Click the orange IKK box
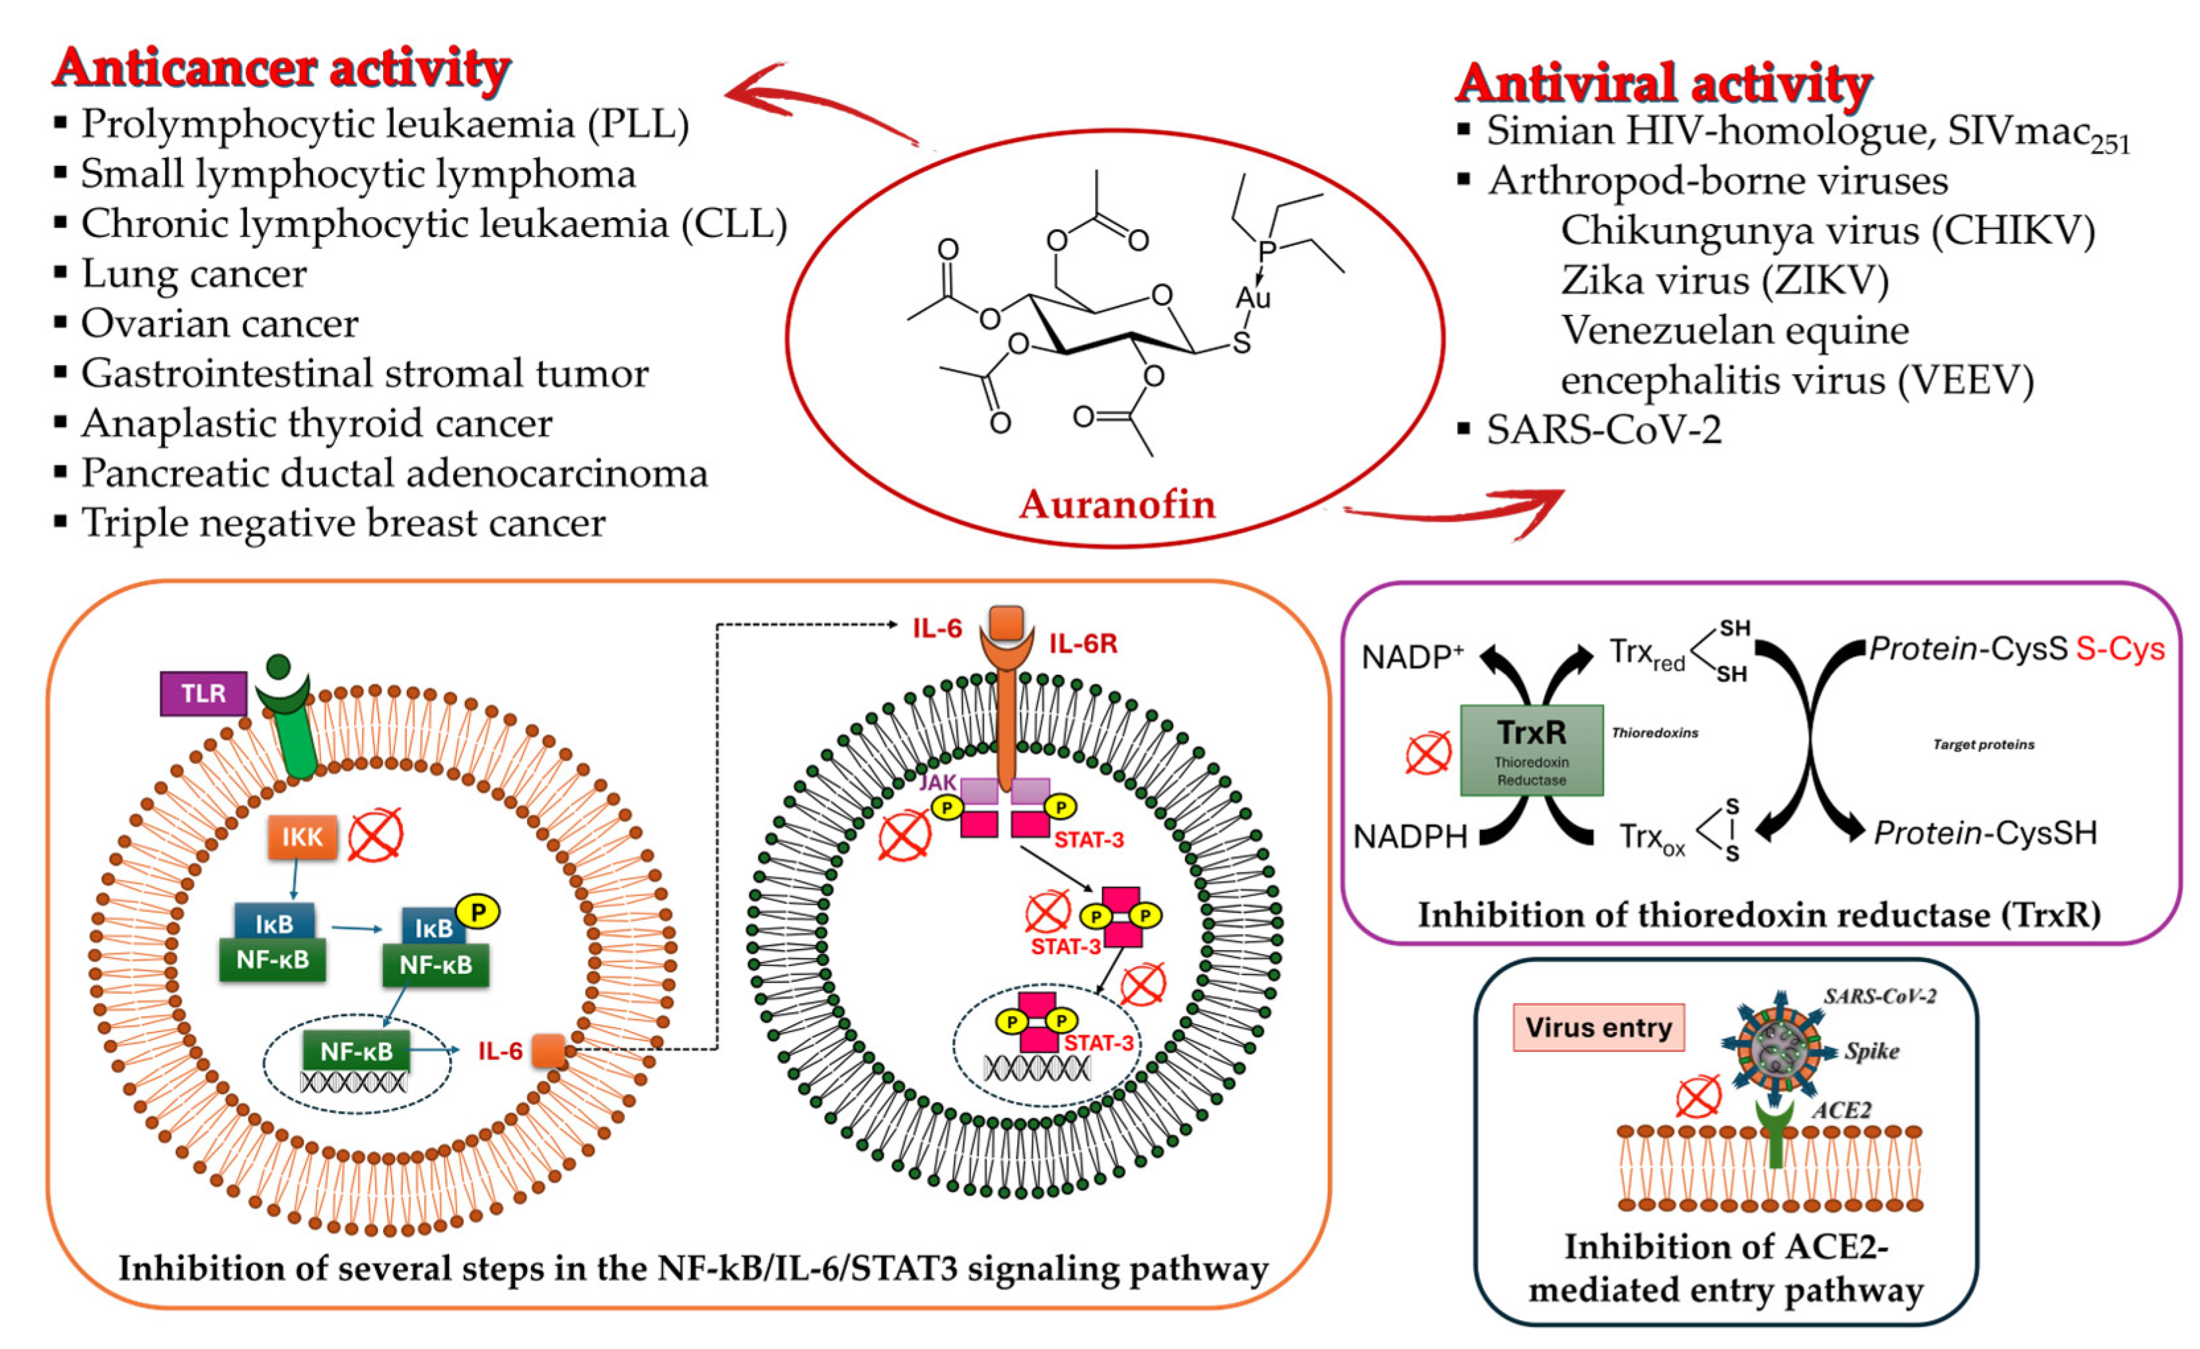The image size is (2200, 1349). tap(302, 837)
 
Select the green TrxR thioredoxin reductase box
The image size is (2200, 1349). tap(1530, 750)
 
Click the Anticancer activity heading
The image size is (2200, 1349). tap(281, 68)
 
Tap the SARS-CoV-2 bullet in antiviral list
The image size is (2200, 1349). tap(1604, 429)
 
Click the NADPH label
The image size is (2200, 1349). tap(1410, 837)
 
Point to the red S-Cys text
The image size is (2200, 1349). tap(2119, 649)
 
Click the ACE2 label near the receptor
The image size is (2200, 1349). tap(1841, 1110)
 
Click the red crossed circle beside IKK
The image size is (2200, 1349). tap(375, 836)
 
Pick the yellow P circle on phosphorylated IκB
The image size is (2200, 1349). tap(478, 911)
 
